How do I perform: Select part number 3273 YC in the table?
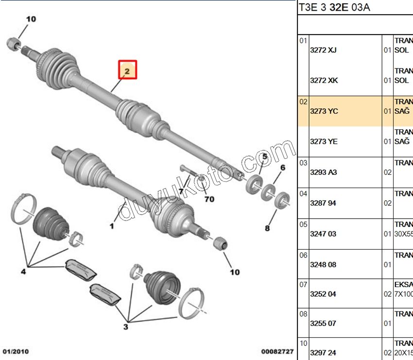point(324,111)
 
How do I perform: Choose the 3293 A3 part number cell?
point(324,172)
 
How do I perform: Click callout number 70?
point(209,199)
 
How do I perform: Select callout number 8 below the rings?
point(267,227)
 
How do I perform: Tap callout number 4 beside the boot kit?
point(23,272)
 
